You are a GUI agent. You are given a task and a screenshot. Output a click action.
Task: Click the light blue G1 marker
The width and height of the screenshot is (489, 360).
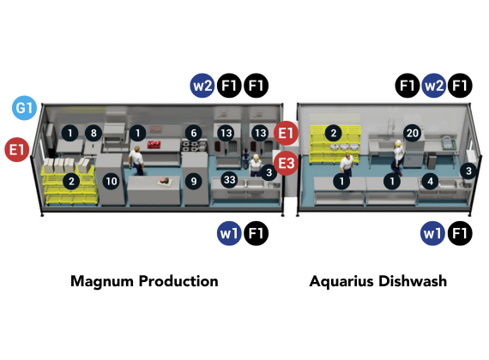(x=24, y=108)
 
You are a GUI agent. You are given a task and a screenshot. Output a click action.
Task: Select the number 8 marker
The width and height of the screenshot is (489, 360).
(x=94, y=133)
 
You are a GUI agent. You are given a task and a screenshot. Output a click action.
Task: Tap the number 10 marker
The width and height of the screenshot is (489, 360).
(x=112, y=181)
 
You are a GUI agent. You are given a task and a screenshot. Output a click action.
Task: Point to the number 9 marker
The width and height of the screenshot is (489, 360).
(x=194, y=181)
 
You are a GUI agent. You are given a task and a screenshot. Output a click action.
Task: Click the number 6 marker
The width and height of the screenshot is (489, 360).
(x=194, y=133)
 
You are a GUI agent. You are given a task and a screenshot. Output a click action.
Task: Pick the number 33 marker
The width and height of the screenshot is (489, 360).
(x=230, y=179)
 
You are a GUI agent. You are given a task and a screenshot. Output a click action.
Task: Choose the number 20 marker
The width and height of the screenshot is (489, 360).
(x=413, y=133)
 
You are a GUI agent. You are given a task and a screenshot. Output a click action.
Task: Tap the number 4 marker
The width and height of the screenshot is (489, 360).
(x=430, y=181)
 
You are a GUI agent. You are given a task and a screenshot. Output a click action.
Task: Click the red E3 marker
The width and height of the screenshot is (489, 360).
(x=286, y=163)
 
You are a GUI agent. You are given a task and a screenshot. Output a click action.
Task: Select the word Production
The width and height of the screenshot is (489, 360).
(x=178, y=281)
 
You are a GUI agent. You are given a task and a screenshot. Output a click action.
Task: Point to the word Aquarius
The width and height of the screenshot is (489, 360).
(x=341, y=281)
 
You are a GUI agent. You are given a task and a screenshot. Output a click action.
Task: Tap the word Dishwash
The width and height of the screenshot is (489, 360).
(x=413, y=281)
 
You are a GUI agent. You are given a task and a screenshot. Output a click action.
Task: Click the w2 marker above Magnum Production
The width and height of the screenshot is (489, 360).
(x=202, y=86)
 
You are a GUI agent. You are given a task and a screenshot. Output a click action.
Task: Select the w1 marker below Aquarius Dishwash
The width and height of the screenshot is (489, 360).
(x=432, y=233)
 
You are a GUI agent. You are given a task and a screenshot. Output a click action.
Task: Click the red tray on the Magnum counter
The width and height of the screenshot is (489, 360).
(x=154, y=144)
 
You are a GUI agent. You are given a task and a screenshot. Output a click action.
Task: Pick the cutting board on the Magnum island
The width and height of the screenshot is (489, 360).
(x=166, y=181)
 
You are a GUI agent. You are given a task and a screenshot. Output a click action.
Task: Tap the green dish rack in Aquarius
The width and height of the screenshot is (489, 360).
(x=448, y=142)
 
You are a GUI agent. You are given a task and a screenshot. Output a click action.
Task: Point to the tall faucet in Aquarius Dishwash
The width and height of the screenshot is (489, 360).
(x=389, y=129)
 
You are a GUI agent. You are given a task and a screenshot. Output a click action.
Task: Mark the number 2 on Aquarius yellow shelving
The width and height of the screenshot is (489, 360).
(x=334, y=133)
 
